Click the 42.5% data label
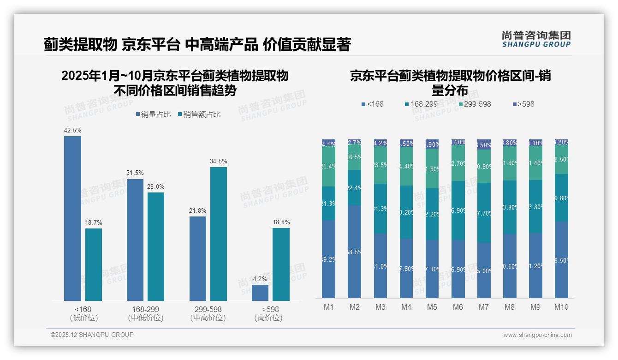pos(72,131)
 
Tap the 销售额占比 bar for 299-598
pos(219,234)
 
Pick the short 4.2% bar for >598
pos(260,293)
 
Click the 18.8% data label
pos(281,222)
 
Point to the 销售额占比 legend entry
pos(199,114)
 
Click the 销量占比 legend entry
pos(153,114)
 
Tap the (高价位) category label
pos(268,318)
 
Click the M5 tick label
pos(432,307)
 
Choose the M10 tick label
pos(561,307)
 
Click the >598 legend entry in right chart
pos(523,104)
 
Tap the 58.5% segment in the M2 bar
pos(355,252)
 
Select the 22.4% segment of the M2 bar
pos(355,187)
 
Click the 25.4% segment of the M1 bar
pos(328,167)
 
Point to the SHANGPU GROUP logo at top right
pos(536,39)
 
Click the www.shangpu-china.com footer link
pos(537,335)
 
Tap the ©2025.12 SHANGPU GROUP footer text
pos(92,335)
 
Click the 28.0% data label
pos(155,186)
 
